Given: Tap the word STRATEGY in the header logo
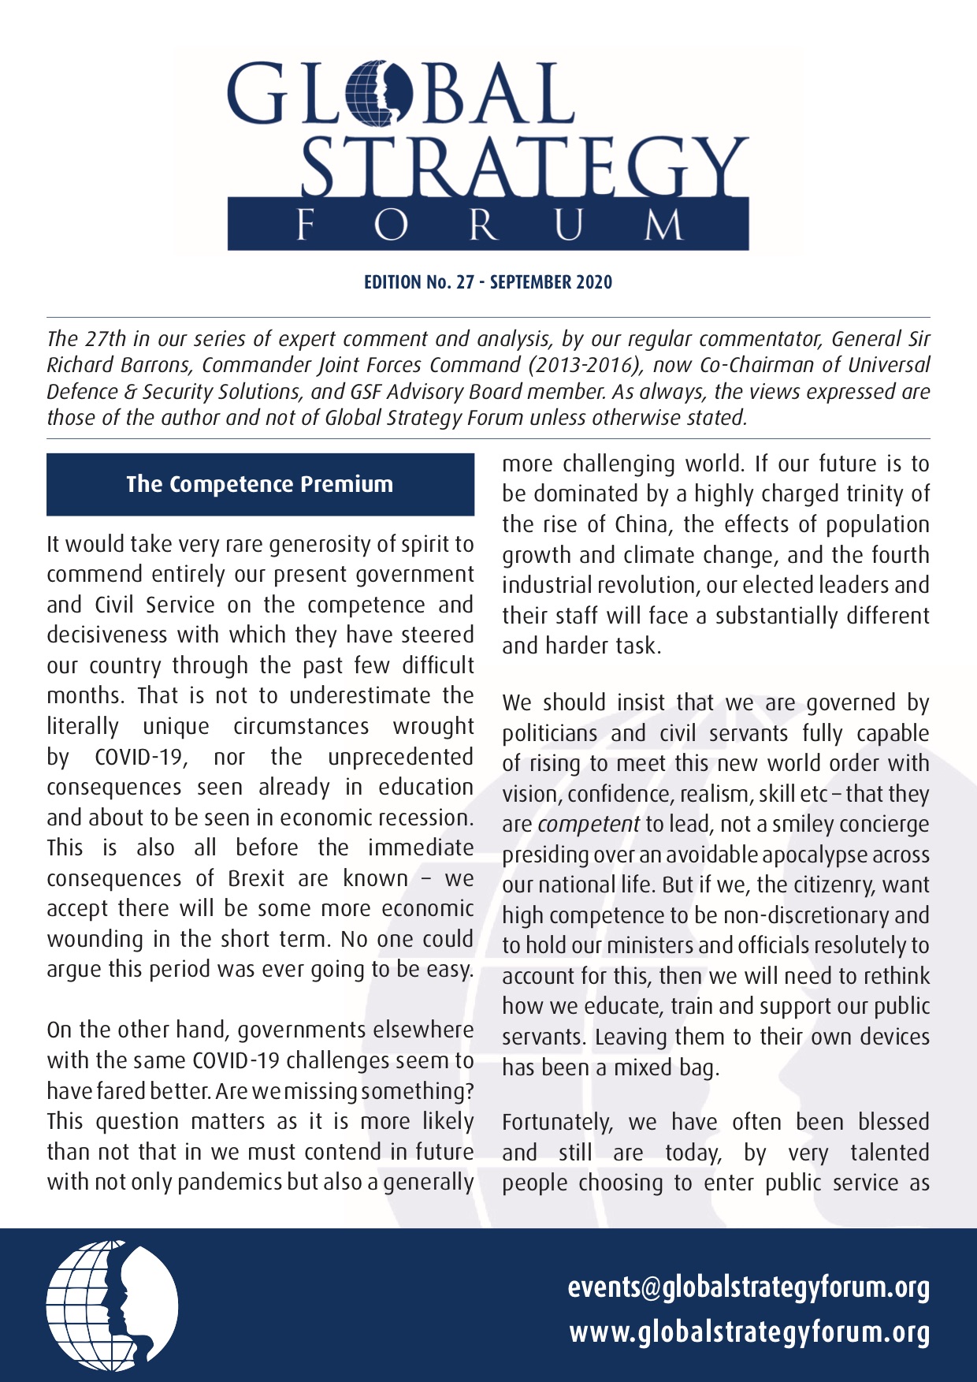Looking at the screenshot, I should pyautogui.click(x=524, y=167).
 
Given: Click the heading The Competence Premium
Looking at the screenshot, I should pyautogui.click(x=260, y=484).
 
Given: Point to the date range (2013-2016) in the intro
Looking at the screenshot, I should pyautogui.click(x=578, y=365).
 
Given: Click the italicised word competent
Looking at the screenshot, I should pyautogui.click(x=588, y=825).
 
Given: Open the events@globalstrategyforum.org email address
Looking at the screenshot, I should pyautogui.click(x=749, y=1287).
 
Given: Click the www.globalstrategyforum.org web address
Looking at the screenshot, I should pyautogui.click(x=749, y=1332).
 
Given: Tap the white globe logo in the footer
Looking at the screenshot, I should pyautogui.click(x=112, y=1306).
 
